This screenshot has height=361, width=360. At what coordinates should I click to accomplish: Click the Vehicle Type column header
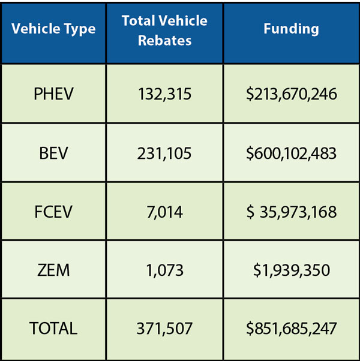tap(53, 29)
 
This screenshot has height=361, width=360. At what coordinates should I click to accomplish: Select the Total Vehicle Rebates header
tap(164, 30)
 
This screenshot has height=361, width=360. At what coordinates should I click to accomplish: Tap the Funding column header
tap(291, 29)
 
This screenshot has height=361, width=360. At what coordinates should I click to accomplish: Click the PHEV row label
tap(53, 94)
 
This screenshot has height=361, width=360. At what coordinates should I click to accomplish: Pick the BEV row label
tap(53, 153)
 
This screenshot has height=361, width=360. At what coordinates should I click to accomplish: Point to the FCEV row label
tap(53, 212)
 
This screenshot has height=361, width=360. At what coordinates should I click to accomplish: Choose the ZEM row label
tap(53, 270)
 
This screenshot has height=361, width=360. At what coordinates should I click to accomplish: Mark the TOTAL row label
tap(53, 329)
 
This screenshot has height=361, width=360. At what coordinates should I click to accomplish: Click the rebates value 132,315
tap(164, 94)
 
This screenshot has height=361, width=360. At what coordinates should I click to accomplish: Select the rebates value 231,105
tap(164, 153)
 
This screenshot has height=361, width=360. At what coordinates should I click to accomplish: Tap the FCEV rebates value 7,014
tap(164, 212)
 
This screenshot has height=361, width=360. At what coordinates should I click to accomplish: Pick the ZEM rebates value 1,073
tap(164, 270)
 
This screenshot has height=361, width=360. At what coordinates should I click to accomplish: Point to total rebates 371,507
tap(164, 329)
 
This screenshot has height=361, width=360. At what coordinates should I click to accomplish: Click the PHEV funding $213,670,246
tap(291, 94)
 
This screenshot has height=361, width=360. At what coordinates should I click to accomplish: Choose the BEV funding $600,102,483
tap(291, 153)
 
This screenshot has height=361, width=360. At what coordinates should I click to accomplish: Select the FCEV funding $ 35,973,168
tap(291, 212)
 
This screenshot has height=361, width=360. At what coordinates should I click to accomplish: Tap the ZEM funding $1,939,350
tap(291, 270)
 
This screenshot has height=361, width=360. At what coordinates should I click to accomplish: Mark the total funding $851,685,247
tap(291, 329)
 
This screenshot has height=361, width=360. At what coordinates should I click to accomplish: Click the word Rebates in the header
tap(164, 40)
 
